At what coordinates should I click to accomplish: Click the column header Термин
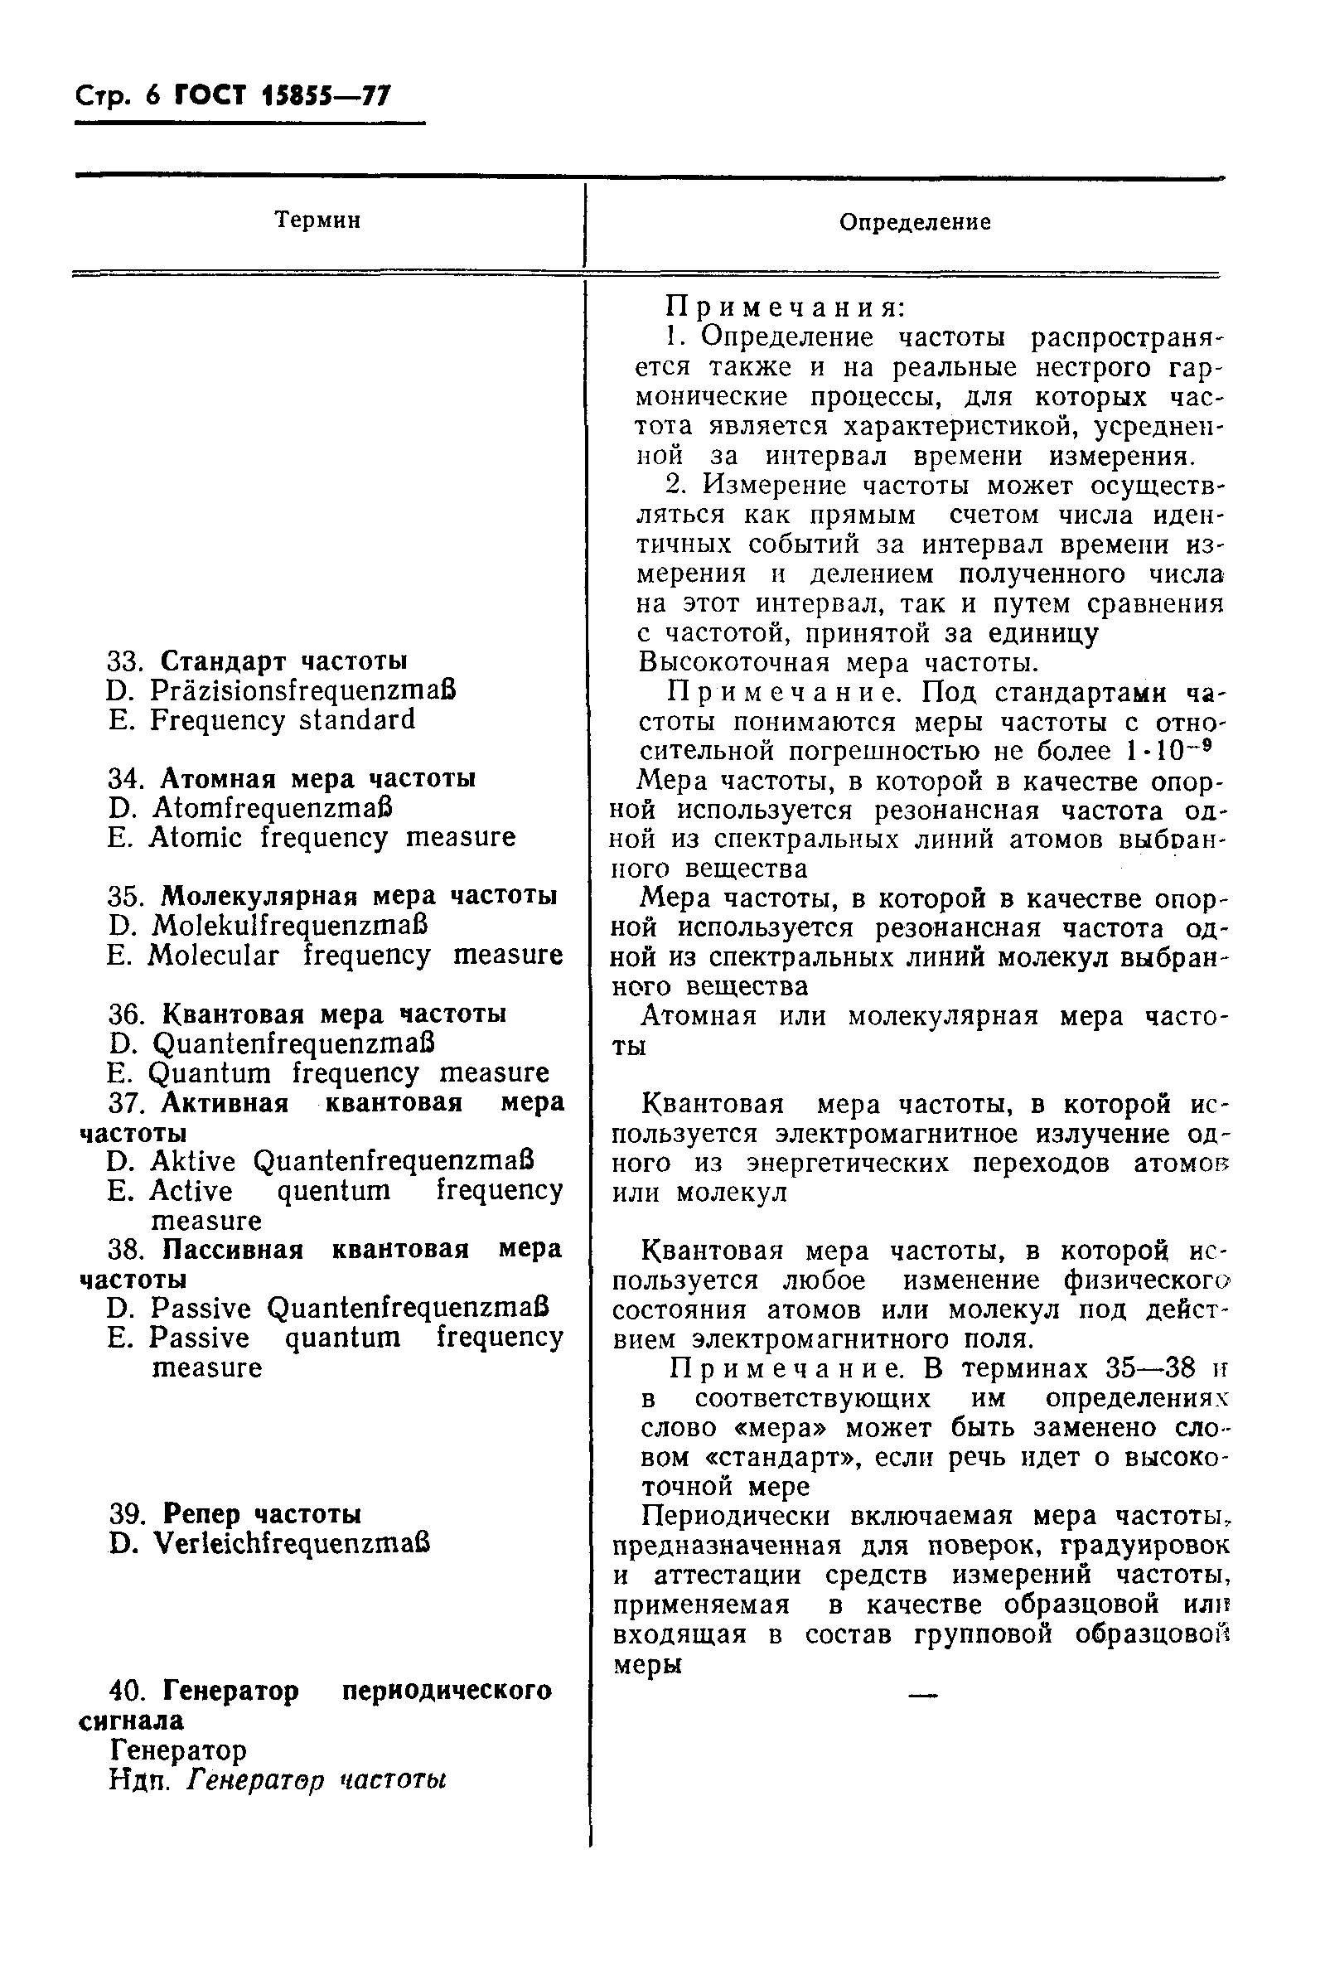click(x=317, y=220)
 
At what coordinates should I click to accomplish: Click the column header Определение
click(x=914, y=222)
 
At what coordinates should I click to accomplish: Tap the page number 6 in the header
click(x=152, y=96)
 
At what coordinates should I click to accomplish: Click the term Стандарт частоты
click(x=284, y=660)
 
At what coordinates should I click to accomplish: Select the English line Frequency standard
click(x=283, y=720)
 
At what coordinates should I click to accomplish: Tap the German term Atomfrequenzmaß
click(x=273, y=808)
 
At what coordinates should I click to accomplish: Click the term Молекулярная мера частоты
click(x=358, y=895)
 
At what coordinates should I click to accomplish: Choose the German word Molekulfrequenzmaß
click(x=290, y=926)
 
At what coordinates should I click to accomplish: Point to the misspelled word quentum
click(x=334, y=1191)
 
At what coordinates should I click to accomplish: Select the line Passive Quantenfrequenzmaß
click(x=348, y=1309)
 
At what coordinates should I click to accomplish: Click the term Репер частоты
click(x=262, y=1513)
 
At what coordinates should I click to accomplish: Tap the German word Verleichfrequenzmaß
click(x=292, y=1543)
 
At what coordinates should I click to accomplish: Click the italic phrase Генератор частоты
click(x=316, y=1780)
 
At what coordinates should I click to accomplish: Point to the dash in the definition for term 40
click(x=922, y=1694)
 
